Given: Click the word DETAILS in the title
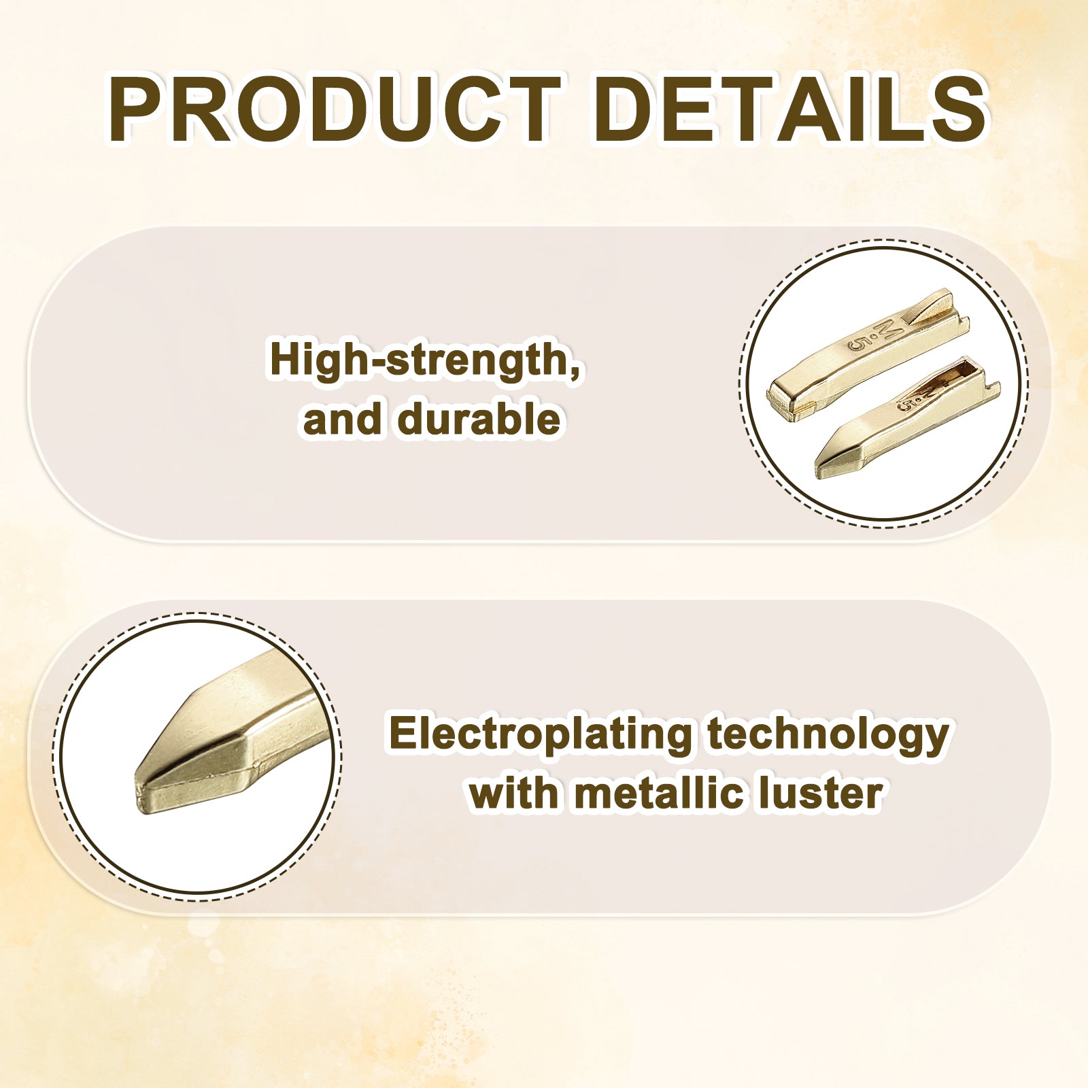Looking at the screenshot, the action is pos(790,110).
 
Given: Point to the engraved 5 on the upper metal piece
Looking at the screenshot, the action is pos(858,344).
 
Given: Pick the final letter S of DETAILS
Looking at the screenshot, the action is pos(957,110).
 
